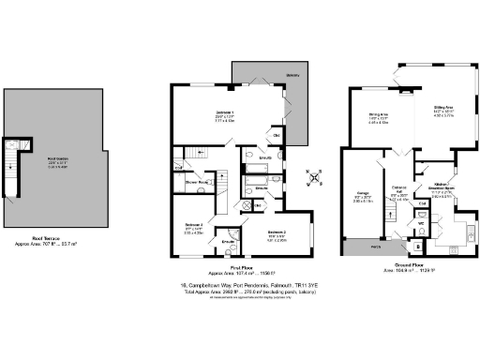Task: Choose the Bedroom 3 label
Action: (x=193, y=225)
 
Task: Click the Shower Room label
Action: (x=195, y=183)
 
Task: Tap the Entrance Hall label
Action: (x=399, y=192)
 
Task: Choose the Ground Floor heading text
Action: (x=399, y=265)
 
